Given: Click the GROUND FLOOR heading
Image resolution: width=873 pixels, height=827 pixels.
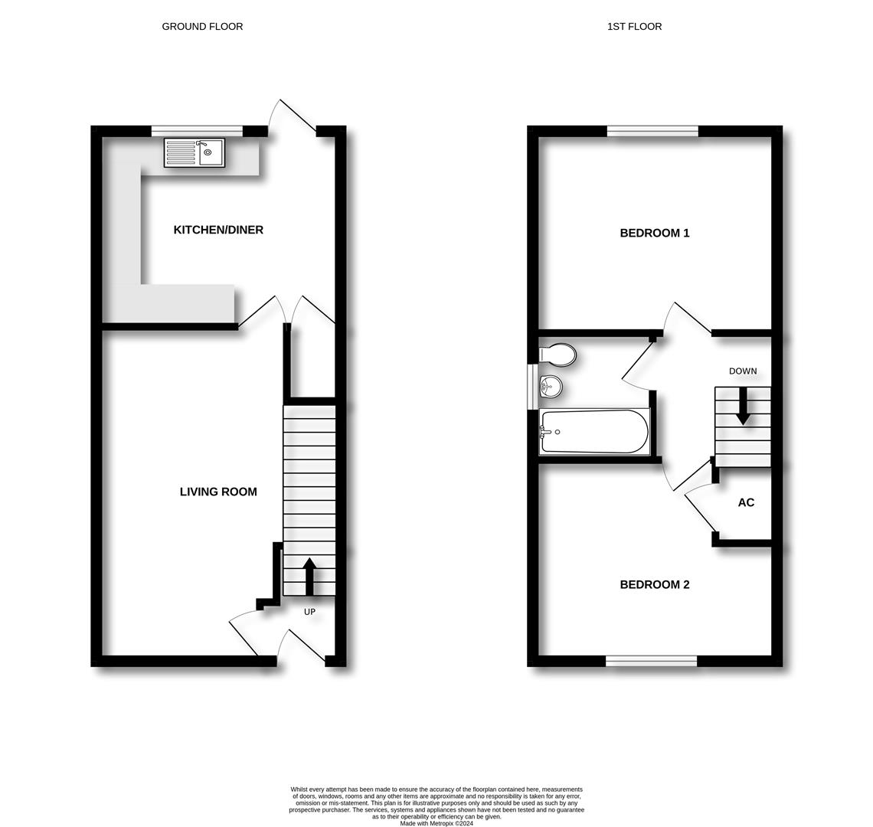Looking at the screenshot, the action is click(x=202, y=26).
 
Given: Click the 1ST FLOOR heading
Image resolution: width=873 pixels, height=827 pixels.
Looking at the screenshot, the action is click(x=634, y=26).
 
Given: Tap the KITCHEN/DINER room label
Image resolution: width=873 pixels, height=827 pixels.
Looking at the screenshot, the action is click(x=218, y=230).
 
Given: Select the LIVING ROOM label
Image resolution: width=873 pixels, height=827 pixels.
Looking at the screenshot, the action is click(x=218, y=492).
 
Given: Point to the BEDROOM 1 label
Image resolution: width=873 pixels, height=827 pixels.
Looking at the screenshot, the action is click(x=655, y=233).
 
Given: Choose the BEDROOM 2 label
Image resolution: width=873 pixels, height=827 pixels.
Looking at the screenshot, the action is click(x=655, y=584).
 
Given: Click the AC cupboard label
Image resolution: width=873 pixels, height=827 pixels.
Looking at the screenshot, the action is click(x=746, y=502).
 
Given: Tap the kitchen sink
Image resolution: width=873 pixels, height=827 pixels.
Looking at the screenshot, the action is click(x=195, y=152).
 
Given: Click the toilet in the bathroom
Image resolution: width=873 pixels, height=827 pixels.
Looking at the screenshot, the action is click(x=557, y=355).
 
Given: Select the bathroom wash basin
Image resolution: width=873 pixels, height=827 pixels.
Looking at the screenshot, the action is click(x=551, y=385).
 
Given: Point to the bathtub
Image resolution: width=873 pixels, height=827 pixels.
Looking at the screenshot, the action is click(x=593, y=432).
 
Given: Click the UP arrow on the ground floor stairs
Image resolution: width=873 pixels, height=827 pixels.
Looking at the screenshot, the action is click(x=309, y=577).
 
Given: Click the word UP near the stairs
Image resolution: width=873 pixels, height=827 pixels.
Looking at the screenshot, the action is click(x=309, y=612).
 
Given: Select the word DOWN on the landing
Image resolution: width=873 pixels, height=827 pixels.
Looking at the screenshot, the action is click(x=743, y=371).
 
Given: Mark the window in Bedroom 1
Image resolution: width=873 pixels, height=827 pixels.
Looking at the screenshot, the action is click(x=652, y=132).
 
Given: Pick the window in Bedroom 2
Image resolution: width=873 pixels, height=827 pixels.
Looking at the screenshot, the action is click(x=651, y=661).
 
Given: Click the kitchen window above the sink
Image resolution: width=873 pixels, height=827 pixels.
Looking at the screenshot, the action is click(x=197, y=132).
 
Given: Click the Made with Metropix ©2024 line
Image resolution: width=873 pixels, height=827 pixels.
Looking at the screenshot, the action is click(x=436, y=823).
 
